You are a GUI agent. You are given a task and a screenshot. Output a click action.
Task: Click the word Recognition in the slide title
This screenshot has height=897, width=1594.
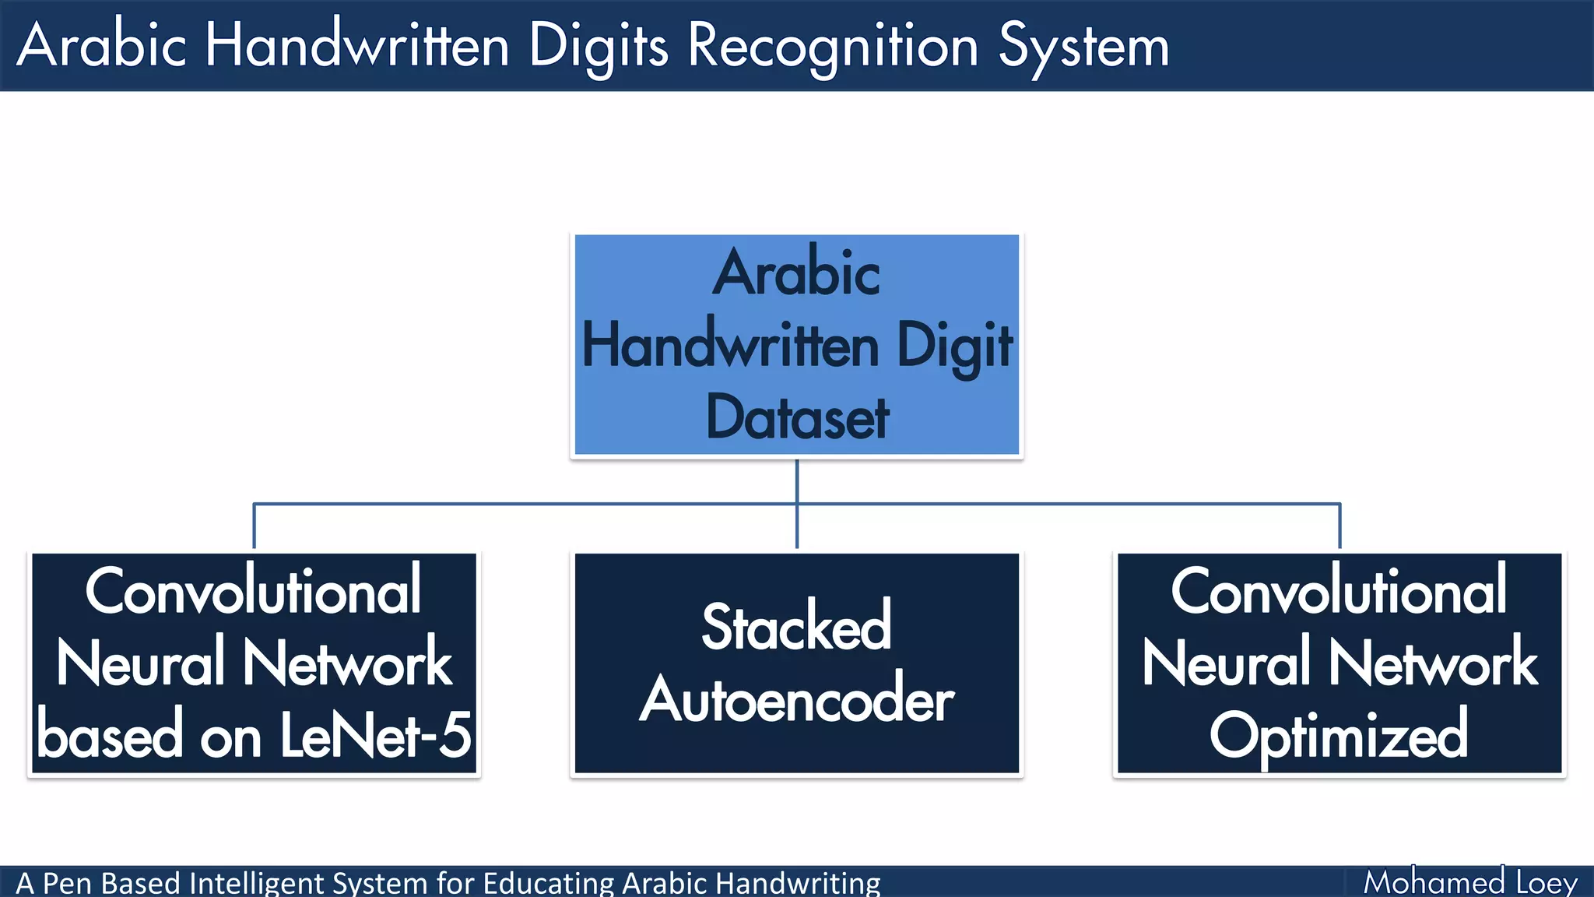click(833, 47)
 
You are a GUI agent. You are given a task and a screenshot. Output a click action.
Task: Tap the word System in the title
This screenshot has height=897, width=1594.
click(1083, 47)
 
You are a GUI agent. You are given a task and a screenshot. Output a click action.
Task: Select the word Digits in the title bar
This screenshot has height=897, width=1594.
click(598, 47)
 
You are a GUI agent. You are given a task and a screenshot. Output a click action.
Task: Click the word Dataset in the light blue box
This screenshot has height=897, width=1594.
click(797, 418)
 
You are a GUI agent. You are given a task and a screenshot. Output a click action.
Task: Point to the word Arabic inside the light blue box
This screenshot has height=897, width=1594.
click(797, 273)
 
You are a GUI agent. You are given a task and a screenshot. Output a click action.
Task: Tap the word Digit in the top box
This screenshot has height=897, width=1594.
click(954, 346)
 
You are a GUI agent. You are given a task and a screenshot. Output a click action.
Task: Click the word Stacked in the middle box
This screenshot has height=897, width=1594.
click(797, 627)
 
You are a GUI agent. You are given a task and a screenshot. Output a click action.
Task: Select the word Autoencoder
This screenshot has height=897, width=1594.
click(797, 699)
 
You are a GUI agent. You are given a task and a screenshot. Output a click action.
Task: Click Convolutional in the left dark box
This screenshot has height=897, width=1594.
click(254, 592)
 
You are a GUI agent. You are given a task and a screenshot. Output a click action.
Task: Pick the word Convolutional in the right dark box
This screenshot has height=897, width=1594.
click(1339, 592)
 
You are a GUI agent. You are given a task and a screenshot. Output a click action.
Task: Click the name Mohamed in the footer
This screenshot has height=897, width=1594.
click(1434, 883)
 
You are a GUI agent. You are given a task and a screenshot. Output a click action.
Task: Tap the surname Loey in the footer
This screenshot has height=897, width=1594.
click(1547, 883)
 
